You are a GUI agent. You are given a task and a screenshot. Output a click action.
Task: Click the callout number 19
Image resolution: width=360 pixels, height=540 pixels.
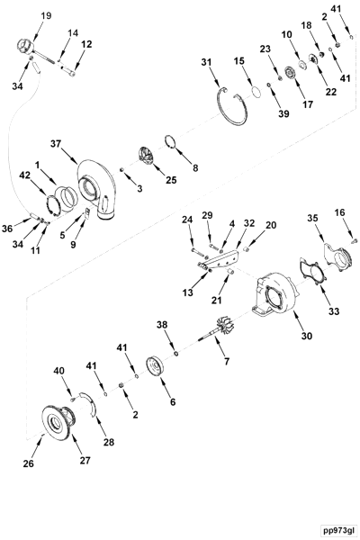[47, 15]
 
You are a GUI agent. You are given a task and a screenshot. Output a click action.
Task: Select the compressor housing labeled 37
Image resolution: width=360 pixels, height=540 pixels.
[102, 190]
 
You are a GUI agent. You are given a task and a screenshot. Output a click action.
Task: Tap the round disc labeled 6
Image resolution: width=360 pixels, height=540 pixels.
[159, 370]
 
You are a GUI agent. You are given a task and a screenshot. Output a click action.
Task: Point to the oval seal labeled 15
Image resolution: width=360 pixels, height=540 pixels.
[256, 92]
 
